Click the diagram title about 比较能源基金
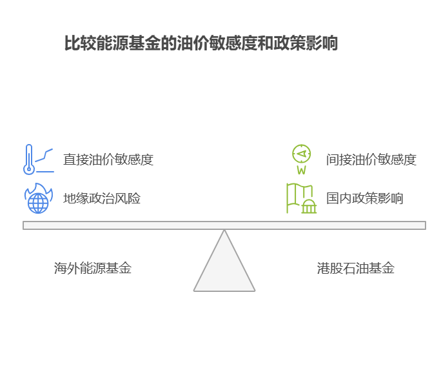coord(201,44)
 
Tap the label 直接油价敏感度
coord(108,160)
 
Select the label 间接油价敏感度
coord(371,160)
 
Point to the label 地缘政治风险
coord(101,198)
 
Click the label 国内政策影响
coord(364,198)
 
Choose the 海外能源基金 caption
coord(92,268)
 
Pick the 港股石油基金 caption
coord(355,268)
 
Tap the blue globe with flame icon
coord(38,198)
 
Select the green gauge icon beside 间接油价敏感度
coord(301,158)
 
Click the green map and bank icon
coord(300,198)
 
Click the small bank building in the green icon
coord(309,207)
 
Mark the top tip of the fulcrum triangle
coord(224,231)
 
